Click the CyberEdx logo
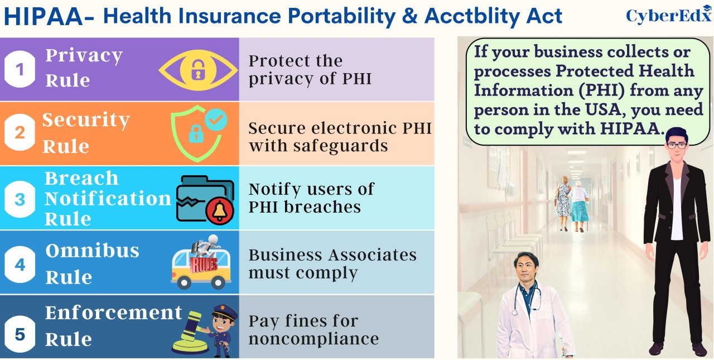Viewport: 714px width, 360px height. (x=669, y=15)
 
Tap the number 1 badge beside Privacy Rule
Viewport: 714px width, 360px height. (x=20, y=69)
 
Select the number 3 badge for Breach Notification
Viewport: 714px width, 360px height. (x=20, y=199)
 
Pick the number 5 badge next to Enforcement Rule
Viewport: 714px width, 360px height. (x=20, y=334)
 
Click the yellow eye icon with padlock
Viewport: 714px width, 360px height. (x=198, y=70)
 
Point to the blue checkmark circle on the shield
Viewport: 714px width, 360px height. (x=216, y=119)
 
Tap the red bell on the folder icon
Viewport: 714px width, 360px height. (x=220, y=211)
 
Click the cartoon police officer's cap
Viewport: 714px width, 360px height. (x=225, y=311)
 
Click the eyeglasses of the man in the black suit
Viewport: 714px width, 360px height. (x=677, y=146)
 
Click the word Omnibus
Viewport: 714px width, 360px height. (x=93, y=251)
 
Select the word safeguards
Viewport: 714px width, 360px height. (x=340, y=147)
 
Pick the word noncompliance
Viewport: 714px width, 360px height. (x=313, y=339)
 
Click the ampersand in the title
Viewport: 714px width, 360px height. (x=409, y=16)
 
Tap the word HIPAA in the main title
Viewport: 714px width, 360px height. (x=44, y=17)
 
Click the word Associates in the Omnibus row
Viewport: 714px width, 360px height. (x=373, y=255)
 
